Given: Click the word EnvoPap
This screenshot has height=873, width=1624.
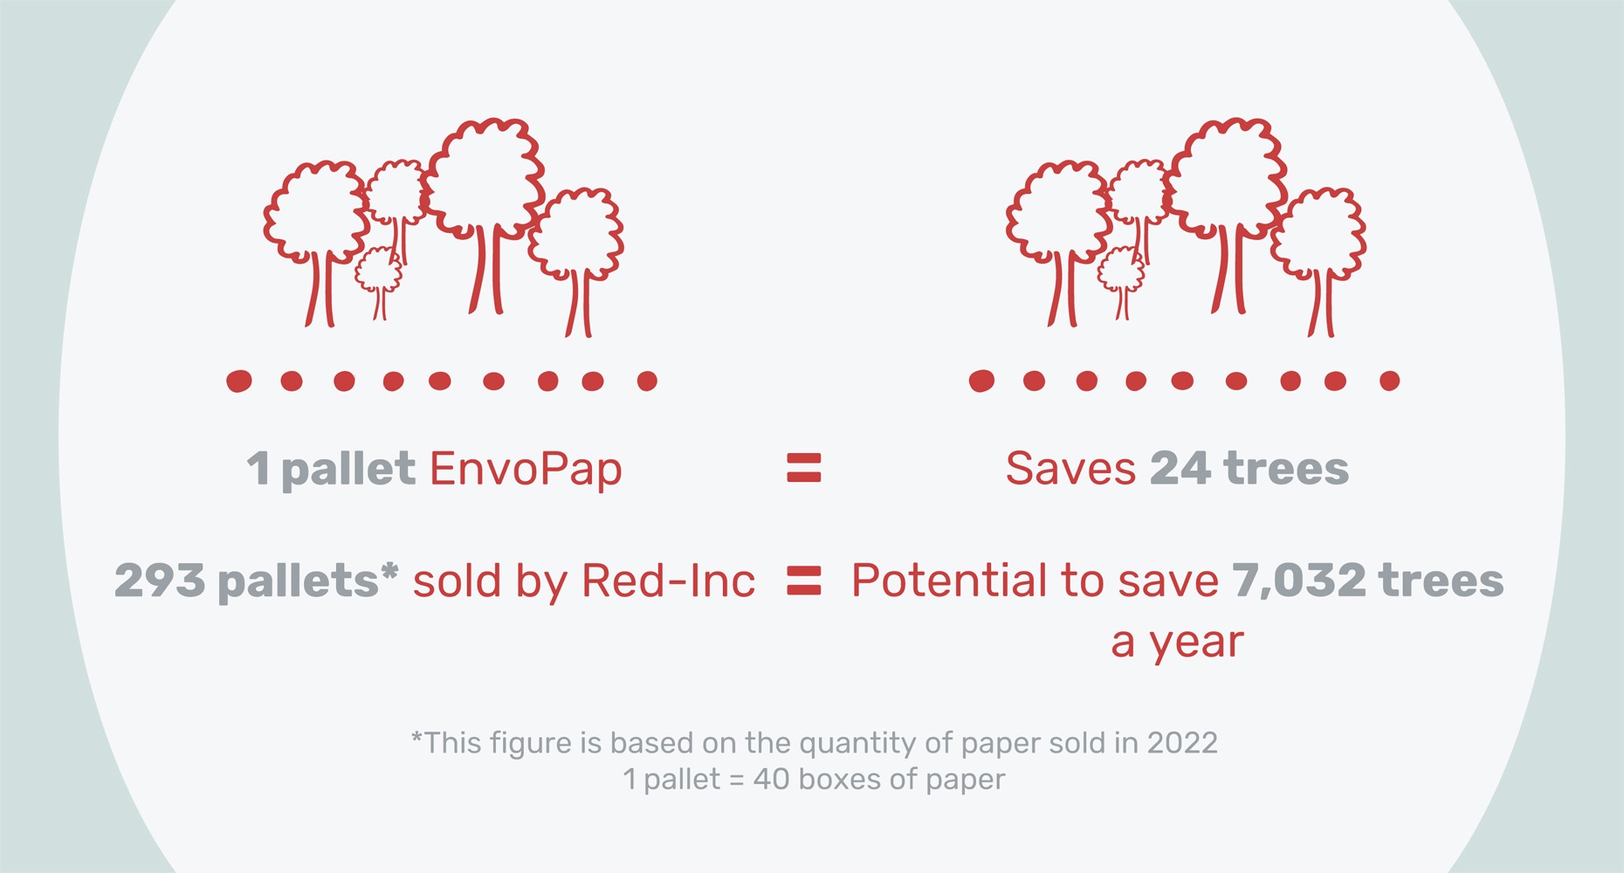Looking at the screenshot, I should click(x=526, y=470).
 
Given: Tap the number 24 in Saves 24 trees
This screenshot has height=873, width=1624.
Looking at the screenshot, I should click(x=1180, y=469).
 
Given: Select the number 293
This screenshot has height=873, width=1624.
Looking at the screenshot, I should click(x=160, y=581).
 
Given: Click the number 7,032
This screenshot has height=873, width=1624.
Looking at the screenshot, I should click(x=1298, y=581).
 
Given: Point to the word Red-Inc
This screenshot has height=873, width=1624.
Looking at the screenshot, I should click(x=668, y=581).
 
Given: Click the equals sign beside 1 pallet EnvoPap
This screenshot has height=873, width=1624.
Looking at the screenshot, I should click(x=804, y=468).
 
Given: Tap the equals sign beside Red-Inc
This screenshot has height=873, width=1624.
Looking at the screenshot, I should click(x=804, y=581).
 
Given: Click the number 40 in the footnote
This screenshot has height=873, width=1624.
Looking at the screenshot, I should click(x=771, y=779).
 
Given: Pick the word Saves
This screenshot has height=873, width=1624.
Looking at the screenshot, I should click(x=1070, y=469).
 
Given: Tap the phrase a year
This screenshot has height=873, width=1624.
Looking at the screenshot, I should click(x=1177, y=642).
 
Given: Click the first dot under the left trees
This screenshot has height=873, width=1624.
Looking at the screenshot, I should click(x=239, y=382).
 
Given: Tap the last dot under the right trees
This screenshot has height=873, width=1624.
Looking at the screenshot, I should click(x=1389, y=381).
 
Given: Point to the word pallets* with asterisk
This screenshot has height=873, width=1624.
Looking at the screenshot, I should click(x=307, y=581).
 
